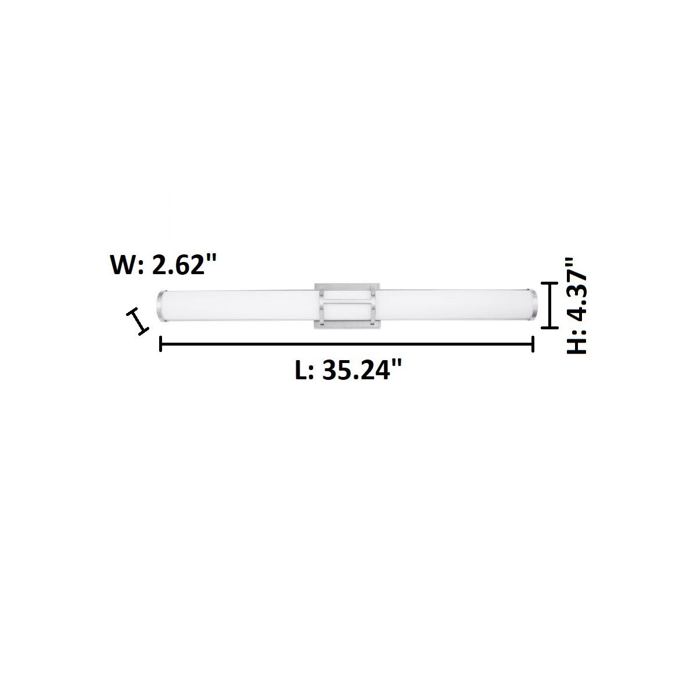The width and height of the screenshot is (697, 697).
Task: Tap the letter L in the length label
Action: [302, 370]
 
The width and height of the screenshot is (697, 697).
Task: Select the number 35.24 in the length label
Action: [354, 370]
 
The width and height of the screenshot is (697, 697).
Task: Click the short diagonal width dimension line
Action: [138, 321]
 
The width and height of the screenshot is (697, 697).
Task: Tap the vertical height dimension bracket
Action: [549, 306]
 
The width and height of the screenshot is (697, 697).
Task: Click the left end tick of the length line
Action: [160, 345]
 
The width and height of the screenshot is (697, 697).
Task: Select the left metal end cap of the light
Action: [161, 306]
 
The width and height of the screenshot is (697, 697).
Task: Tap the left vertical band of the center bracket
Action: [322, 305]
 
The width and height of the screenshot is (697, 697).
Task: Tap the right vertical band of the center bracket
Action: [372, 305]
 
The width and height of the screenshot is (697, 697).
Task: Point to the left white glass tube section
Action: [238, 306]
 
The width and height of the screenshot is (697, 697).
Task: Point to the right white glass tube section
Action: [453, 306]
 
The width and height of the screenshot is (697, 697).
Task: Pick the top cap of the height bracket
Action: [549, 283]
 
